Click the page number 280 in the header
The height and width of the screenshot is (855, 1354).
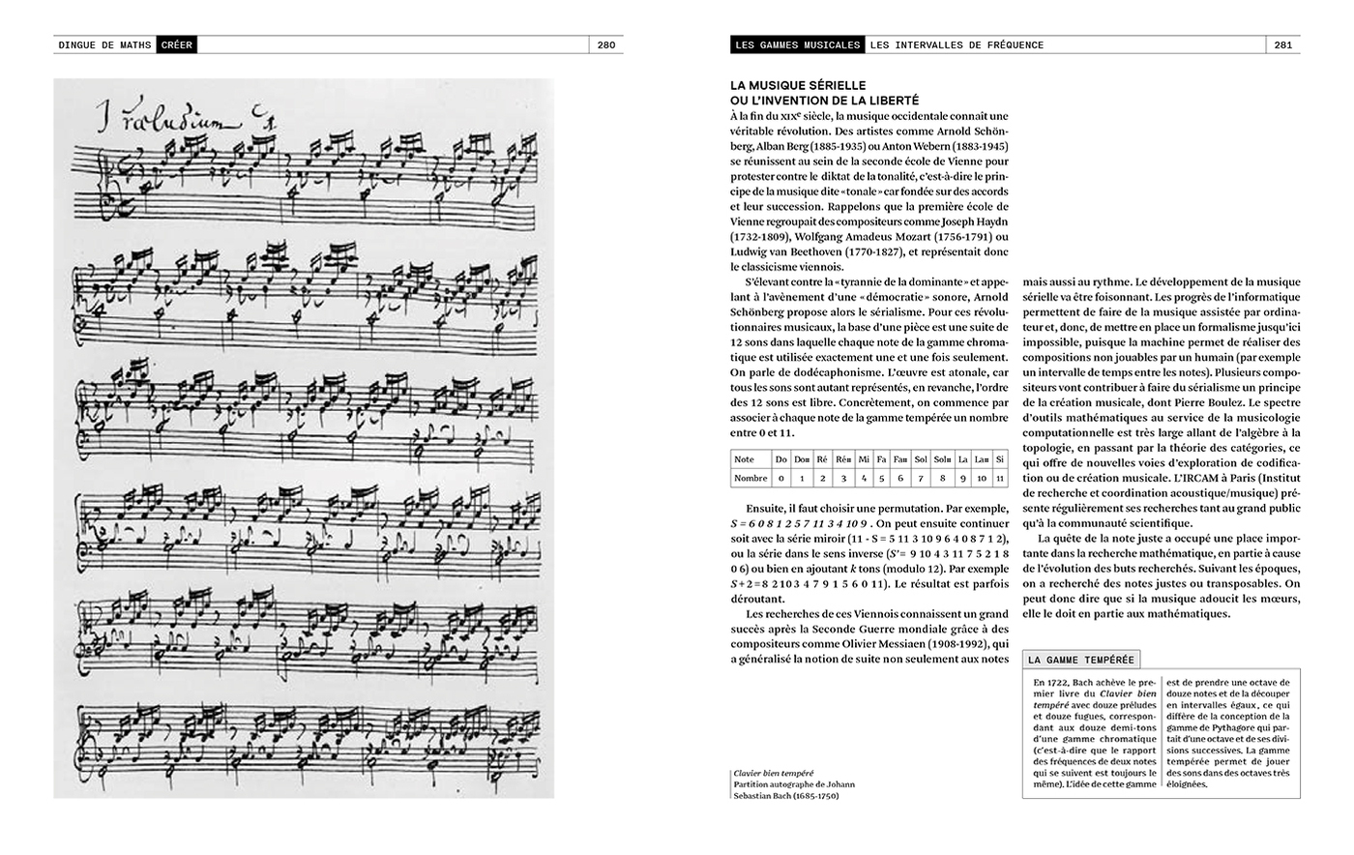tap(605, 44)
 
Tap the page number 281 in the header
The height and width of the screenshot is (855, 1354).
tap(1283, 44)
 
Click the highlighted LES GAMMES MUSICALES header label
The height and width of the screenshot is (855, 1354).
tap(797, 44)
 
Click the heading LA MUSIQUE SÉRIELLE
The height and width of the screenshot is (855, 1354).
tap(798, 85)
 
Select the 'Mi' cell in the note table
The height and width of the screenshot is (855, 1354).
tap(864, 460)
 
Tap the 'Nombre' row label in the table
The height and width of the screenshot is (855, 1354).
tap(751, 478)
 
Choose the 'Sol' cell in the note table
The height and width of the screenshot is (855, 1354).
tap(922, 460)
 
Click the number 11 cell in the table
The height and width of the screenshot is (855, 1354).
tap(1000, 478)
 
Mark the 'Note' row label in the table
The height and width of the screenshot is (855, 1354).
tap(745, 460)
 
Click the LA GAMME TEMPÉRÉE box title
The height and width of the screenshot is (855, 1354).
tap(1080, 661)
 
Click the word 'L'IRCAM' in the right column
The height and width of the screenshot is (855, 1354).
tap(1196, 478)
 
